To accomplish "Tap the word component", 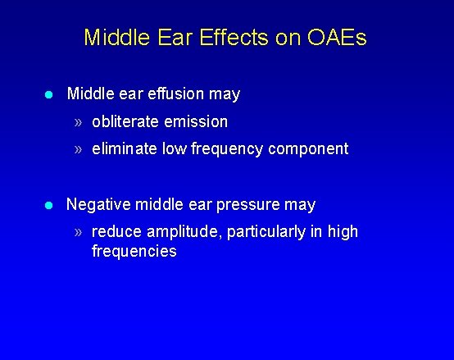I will coord(306,149).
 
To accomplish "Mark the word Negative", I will coord(98,204).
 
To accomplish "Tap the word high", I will coord(343,232).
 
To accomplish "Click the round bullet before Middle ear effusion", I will coord(48,95).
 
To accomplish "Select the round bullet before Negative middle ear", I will coord(48,205).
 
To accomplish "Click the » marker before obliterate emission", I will coord(78,122).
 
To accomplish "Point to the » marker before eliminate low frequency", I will coord(78,150).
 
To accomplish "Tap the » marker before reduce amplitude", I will coord(78,233).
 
